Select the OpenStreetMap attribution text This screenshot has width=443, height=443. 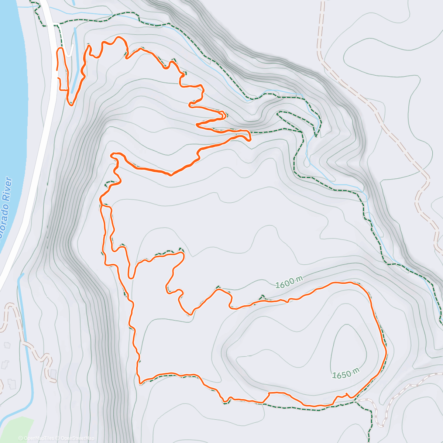77,438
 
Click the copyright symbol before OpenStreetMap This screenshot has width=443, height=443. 58,438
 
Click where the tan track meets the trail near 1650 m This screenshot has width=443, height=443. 356,400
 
